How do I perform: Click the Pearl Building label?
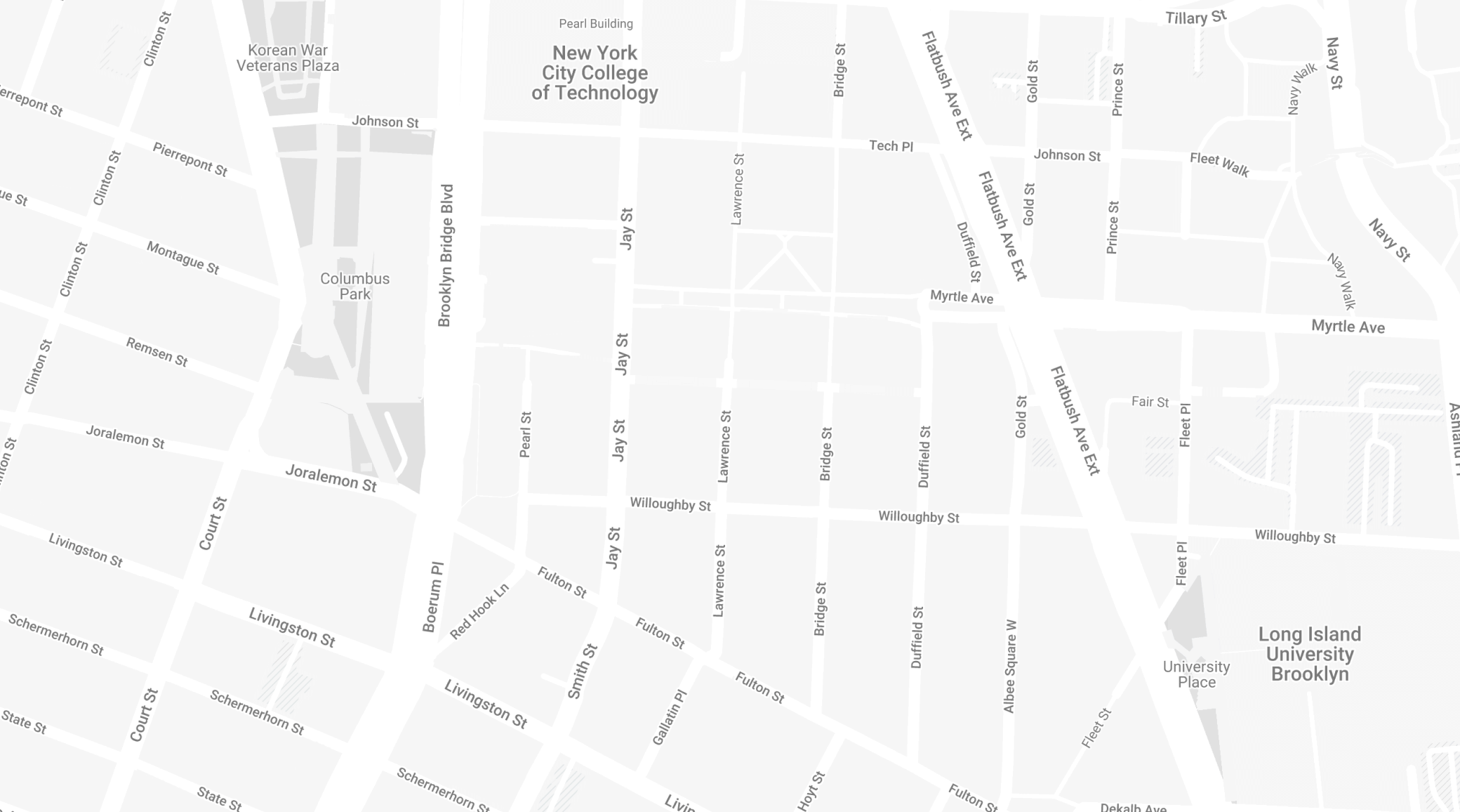595,24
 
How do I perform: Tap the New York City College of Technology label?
595,73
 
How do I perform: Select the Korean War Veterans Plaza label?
288,58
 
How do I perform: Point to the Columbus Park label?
354,286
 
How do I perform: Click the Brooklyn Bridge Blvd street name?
446,256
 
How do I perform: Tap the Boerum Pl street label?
433,596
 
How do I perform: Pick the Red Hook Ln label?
479,611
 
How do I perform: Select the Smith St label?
582,672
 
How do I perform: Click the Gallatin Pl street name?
669,717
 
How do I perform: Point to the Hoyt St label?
811,792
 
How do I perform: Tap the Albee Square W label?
1010,666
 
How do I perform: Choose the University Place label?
1196,674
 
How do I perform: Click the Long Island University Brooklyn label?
1309,654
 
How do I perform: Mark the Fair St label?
1150,402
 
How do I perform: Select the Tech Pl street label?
891,146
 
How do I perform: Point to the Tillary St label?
1195,17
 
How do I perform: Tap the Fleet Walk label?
1219,164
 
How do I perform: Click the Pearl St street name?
525,435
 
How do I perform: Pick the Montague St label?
182,258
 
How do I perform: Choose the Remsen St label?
157,352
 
